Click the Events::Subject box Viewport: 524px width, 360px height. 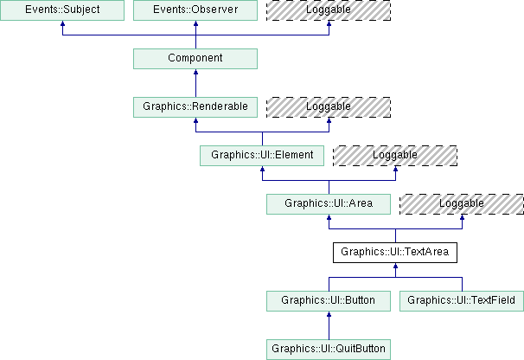tap(62, 10)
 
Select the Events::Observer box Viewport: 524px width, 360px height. tap(195, 10)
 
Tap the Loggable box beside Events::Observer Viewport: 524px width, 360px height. tap(329, 10)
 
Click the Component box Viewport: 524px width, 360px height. tap(195, 59)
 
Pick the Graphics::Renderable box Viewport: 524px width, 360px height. tap(195, 107)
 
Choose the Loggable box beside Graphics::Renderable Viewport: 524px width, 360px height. tap(329, 107)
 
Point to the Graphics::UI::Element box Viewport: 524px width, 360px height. tap(262, 156)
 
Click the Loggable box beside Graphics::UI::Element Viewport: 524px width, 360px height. tap(395, 156)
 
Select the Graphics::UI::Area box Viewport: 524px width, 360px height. tap(329, 204)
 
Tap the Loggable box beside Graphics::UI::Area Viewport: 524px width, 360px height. tap(462, 204)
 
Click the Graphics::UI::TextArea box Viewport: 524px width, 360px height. tap(395, 253)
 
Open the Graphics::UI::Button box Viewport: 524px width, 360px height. tap(329, 301)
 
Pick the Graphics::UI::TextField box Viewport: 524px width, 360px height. tap(462, 301)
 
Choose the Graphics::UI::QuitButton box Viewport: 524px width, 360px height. tap(329, 350)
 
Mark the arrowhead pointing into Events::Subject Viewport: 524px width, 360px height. tap(62, 27)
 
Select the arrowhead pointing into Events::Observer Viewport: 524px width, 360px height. tap(195, 27)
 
